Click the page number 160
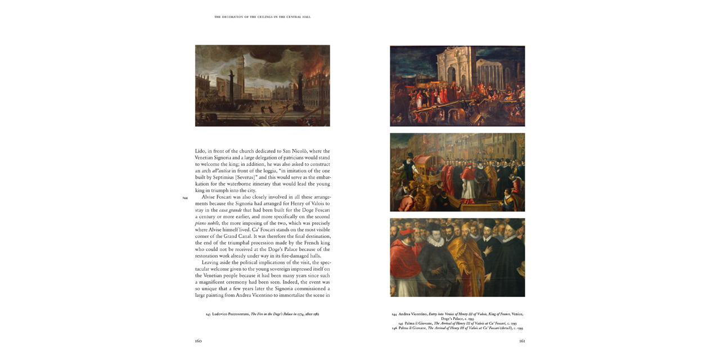point(198,341)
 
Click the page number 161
point(522,341)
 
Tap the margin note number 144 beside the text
point(185,197)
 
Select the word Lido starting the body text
point(200,151)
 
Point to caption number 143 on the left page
point(208,314)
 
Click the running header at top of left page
point(262,17)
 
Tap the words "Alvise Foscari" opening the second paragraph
point(218,197)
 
